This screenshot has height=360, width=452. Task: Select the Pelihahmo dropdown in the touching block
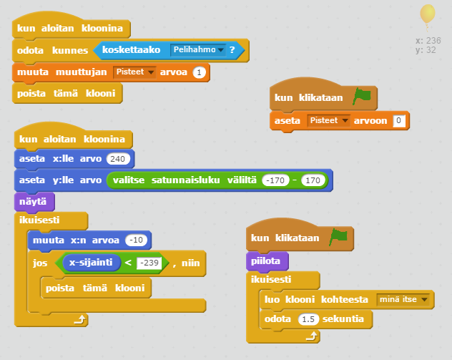click(x=198, y=49)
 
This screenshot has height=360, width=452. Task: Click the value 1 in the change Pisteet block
click(x=200, y=72)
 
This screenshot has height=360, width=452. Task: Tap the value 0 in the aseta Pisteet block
click(x=399, y=120)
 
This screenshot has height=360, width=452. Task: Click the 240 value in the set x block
click(x=118, y=159)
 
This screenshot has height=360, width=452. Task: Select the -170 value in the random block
click(x=275, y=180)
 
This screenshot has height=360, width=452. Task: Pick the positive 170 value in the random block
click(x=313, y=180)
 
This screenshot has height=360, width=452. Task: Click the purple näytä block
click(x=34, y=202)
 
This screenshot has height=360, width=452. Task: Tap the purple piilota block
click(x=267, y=261)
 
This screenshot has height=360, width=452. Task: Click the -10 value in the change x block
click(x=136, y=240)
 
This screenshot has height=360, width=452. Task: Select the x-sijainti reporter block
click(x=91, y=263)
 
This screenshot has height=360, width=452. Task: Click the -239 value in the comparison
click(x=149, y=263)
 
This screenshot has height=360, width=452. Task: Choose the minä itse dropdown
click(x=403, y=299)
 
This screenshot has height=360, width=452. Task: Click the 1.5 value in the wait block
click(x=308, y=319)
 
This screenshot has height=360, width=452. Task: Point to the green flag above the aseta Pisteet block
click(x=362, y=96)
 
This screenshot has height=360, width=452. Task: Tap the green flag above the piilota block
click(x=338, y=237)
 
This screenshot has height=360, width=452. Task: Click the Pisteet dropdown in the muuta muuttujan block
click(x=134, y=72)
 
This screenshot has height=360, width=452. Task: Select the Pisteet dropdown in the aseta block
click(x=328, y=120)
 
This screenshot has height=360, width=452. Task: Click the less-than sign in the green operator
click(x=128, y=263)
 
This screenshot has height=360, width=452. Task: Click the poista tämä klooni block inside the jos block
click(x=96, y=288)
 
